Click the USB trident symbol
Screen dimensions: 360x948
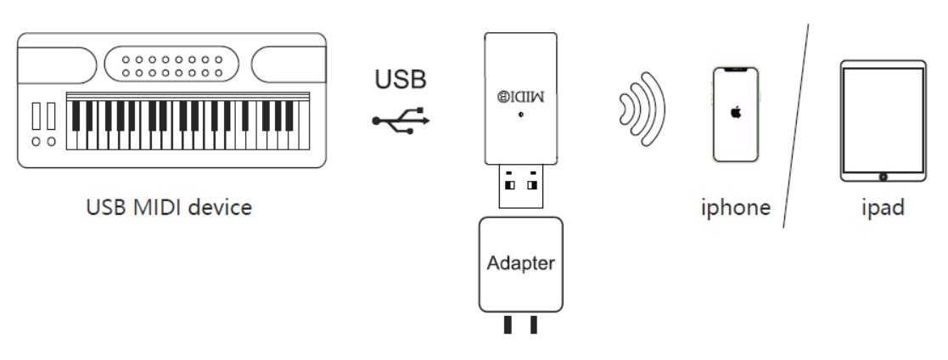[x=401, y=121]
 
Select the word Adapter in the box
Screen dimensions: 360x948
[x=520, y=262]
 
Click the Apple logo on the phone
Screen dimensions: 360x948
[x=736, y=113]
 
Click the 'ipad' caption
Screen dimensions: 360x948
[x=883, y=207]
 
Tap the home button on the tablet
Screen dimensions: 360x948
[x=883, y=177]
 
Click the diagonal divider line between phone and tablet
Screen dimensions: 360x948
[x=795, y=127]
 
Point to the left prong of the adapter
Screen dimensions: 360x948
[x=508, y=325]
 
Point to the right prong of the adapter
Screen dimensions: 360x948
[x=533, y=325]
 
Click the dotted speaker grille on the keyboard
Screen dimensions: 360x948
[x=172, y=66]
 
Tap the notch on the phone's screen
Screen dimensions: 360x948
[x=736, y=69]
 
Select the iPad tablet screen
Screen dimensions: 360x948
[x=883, y=118]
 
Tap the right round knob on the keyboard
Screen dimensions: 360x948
[x=52, y=141]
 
